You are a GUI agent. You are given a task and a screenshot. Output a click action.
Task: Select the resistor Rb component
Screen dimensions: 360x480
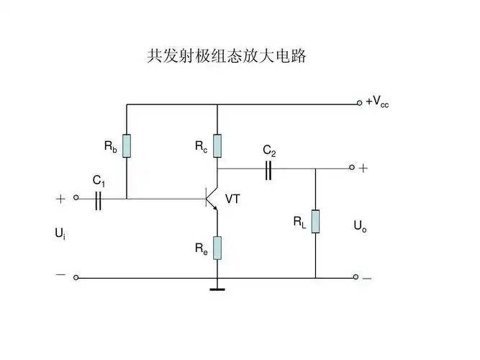tap(127, 145)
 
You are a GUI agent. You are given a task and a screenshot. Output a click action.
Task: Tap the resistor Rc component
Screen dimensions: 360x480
tap(217, 145)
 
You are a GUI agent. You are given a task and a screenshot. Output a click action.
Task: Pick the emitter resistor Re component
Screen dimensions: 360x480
tap(217, 248)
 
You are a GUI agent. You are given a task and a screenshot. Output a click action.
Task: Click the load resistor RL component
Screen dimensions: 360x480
tap(315, 222)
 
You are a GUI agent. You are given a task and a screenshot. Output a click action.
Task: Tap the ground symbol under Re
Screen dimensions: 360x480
tap(217, 289)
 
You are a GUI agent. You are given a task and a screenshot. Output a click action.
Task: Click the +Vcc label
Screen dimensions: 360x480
tap(377, 103)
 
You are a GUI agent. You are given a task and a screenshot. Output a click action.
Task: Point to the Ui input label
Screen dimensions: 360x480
tap(60, 234)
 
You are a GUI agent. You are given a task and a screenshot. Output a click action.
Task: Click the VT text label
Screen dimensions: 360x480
tap(232, 199)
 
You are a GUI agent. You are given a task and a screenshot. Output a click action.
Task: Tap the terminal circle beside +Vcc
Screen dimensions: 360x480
tap(359, 103)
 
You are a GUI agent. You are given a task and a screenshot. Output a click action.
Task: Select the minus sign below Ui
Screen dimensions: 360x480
tap(60, 274)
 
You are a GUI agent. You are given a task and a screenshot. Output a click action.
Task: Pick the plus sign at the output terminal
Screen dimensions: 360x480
tap(363, 168)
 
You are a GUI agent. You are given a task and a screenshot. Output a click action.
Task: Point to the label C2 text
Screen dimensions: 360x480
tap(268, 150)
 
